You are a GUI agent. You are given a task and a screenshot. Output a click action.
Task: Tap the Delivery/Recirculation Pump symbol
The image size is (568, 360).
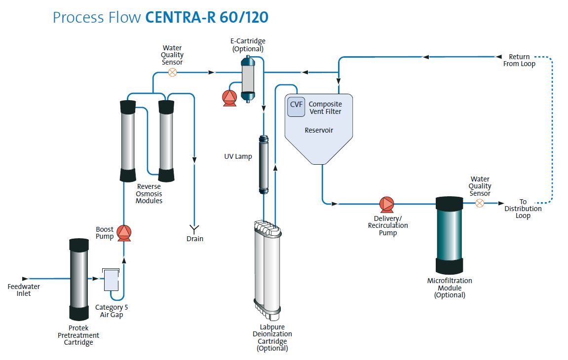[x=386, y=204]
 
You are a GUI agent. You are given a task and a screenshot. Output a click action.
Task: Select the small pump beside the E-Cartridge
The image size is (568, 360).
[x=229, y=98]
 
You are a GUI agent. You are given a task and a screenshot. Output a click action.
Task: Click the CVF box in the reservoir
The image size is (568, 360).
[x=297, y=107]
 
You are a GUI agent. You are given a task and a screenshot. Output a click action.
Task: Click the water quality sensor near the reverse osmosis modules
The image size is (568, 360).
[x=172, y=72]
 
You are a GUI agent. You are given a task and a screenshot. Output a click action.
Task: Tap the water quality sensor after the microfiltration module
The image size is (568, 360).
[x=479, y=203]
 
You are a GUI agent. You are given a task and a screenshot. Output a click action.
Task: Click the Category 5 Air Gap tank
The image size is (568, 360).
[x=110, y=280]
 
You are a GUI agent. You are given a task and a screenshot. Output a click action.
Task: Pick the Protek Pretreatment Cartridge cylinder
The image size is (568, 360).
[x=79, y=279]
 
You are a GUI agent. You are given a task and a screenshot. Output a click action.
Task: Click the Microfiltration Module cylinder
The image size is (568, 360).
[x=450, y=235]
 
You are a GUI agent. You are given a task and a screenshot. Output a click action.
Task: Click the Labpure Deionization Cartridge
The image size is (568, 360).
[x=267, y=269]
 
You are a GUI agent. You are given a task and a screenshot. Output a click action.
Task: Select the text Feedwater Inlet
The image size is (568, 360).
[x=24, y=290]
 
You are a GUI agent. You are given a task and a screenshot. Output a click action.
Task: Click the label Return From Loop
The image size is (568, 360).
[x=519, y=60]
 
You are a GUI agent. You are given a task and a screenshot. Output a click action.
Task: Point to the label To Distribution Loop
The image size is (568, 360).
[x=523, y=209]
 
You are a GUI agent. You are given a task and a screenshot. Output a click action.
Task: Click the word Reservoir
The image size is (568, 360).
[x=319, y=130]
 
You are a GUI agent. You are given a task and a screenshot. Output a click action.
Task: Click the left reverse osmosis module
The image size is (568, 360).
[x=128, y=140]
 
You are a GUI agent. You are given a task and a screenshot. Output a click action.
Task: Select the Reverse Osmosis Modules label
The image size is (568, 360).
[x=149, y=194]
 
